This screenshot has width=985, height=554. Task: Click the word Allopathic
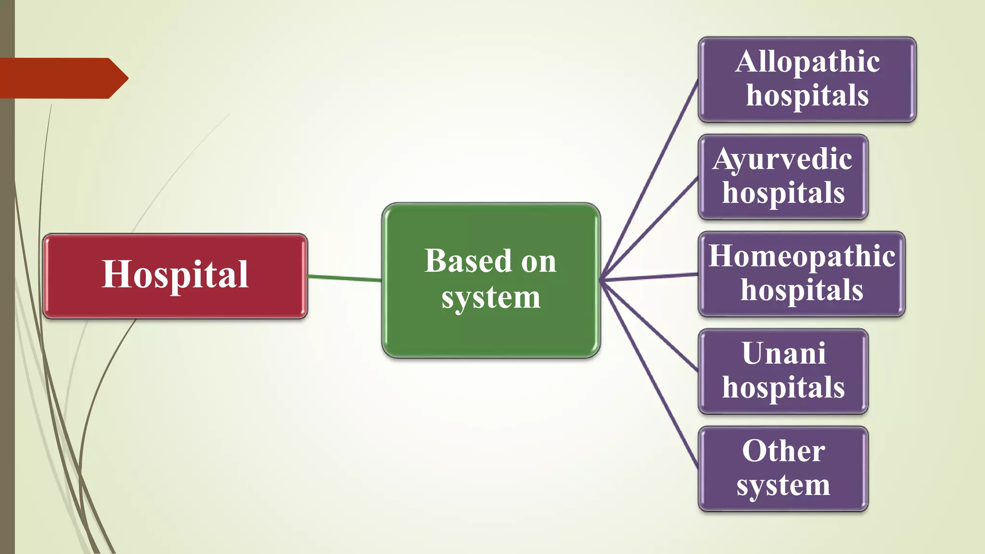[x=808, y=62]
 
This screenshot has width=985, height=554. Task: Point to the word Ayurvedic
[x=783, y=159]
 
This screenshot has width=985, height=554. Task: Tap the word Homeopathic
[x=802, y=256]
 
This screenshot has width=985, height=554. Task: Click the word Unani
[x=783, y=353]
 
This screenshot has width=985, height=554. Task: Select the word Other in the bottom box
[x=783, y=451]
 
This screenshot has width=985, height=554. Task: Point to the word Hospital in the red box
[x=175, y=274]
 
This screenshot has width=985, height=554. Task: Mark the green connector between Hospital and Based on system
[x=344, y=277]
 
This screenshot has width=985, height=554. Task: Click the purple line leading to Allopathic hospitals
[x=649, y=180]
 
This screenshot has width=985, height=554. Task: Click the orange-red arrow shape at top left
[x=63, y=78]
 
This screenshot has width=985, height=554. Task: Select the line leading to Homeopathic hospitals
[x=649, y=277]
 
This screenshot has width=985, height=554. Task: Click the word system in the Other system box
[x=783, y=485]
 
